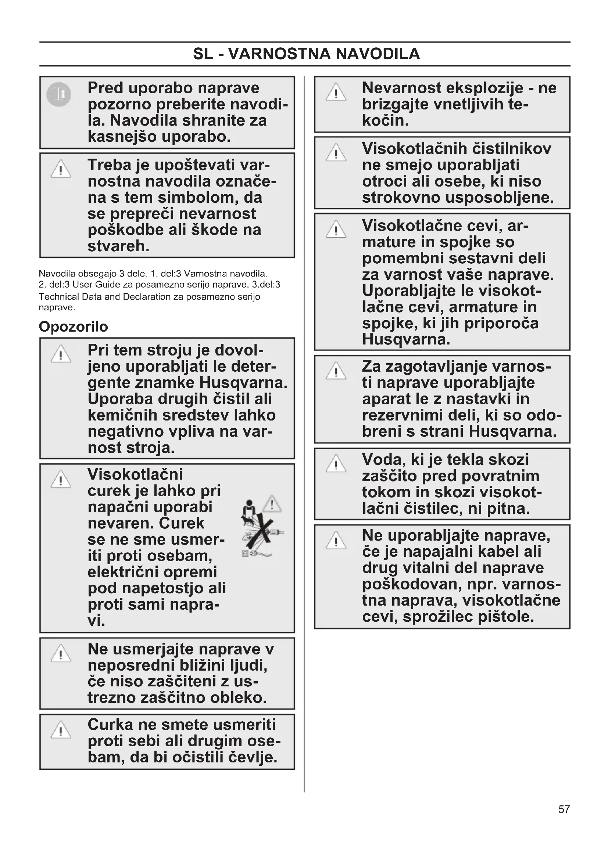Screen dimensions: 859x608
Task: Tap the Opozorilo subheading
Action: [74, 326]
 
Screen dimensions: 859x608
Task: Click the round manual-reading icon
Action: [59, 94]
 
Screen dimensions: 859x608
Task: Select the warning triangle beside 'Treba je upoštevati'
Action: [61, 169]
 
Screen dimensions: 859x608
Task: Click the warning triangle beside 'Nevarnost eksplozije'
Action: [336, 93]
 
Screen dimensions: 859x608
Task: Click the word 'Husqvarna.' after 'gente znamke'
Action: [243, 383]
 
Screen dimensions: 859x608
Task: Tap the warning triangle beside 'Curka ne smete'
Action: [61, 730]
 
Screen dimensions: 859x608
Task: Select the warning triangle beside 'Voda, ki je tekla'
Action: [336, 463]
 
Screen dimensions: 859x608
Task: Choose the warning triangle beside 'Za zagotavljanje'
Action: [336, 371]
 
